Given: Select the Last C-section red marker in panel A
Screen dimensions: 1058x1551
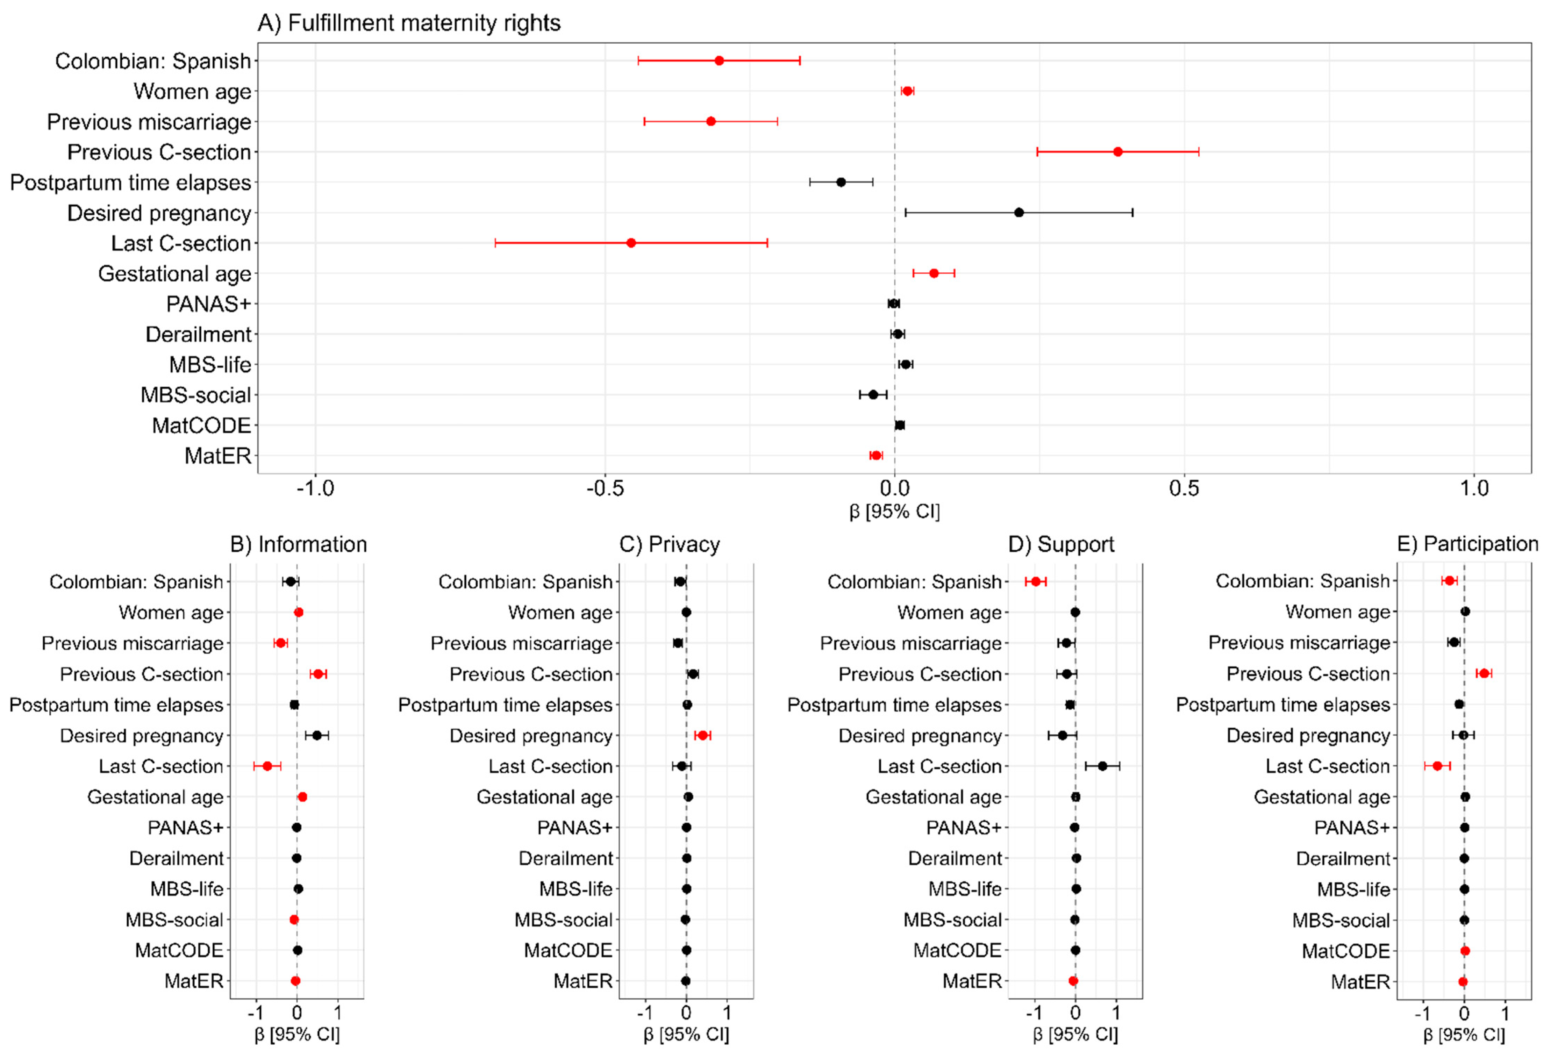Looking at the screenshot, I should coord(631,243).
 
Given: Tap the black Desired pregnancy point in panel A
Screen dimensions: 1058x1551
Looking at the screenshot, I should coord(1018,212).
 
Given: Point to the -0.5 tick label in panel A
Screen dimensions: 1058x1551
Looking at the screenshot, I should coord(605,488).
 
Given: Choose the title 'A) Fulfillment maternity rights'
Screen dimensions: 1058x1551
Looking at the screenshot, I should coord(408,23).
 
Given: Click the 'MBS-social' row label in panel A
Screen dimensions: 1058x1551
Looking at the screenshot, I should coord(195,395).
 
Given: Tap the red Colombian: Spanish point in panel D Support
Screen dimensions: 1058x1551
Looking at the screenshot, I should coord(1035,581).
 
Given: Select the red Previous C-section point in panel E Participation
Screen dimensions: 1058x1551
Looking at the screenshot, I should coord(1484,673).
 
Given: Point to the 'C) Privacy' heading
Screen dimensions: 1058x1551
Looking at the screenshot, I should coord(670,545).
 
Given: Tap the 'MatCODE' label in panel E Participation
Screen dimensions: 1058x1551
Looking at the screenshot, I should coord(1345,951).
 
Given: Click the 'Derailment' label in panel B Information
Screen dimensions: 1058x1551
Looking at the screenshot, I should coord(176,858).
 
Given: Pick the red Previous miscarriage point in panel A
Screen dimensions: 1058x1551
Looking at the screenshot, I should coord(711,121).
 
